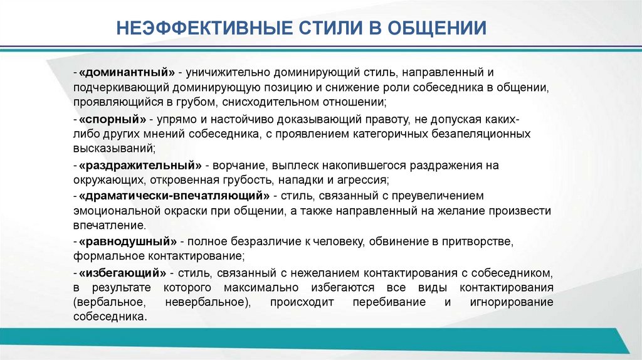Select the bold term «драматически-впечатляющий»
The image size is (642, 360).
174,196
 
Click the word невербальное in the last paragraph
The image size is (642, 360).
204,303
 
